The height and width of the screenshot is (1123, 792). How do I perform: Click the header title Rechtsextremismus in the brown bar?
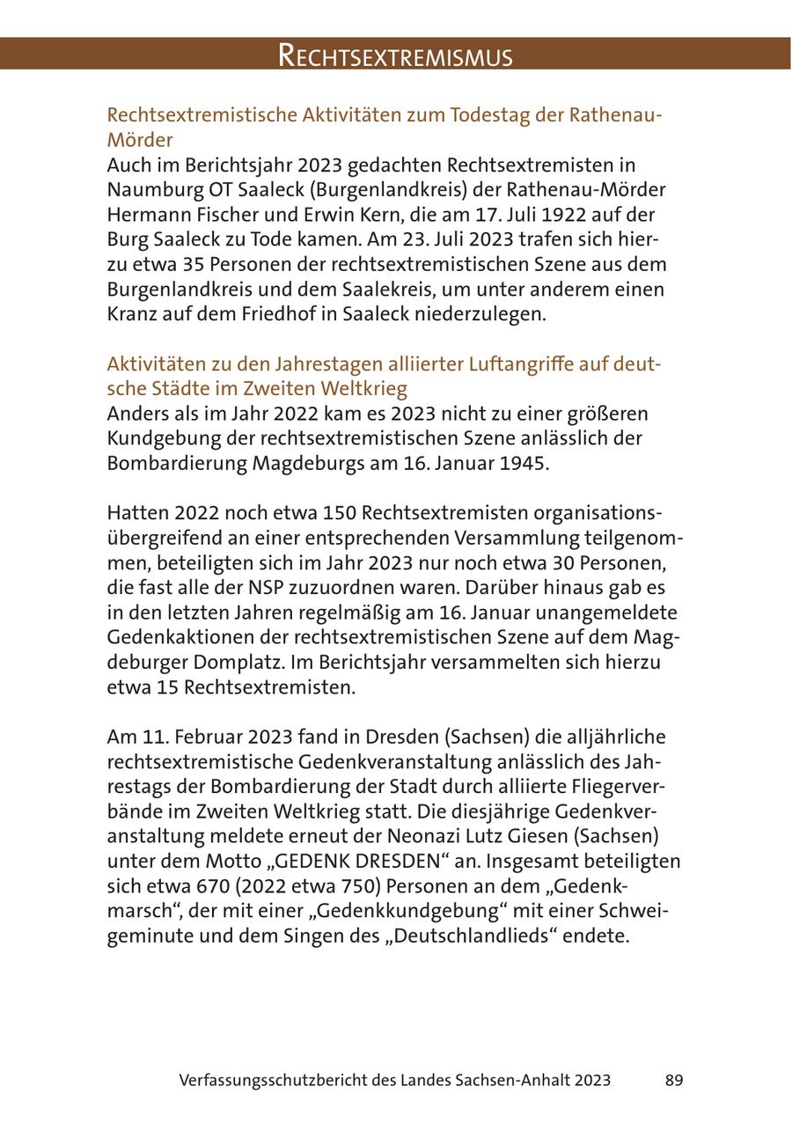(x=395, y=56)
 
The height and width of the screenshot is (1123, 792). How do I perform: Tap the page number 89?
(x=674, y=1080)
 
